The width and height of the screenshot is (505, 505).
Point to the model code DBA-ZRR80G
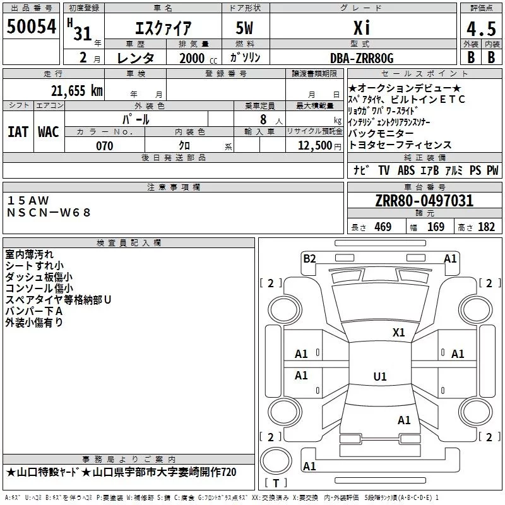362,58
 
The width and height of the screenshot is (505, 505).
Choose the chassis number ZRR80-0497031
424,201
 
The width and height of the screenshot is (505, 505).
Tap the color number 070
104,146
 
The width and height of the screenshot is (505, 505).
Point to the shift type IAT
18,131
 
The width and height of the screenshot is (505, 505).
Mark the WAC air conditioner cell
48,131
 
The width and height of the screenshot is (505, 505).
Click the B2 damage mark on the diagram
309,258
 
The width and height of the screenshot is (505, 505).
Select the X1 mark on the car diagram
398,332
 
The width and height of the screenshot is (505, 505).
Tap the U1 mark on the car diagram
379,377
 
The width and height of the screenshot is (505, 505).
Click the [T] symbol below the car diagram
276,484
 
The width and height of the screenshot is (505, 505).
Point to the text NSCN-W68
49,213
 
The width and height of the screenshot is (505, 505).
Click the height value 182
486,227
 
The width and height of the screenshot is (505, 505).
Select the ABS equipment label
406,170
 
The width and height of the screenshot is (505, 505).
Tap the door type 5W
244,29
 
